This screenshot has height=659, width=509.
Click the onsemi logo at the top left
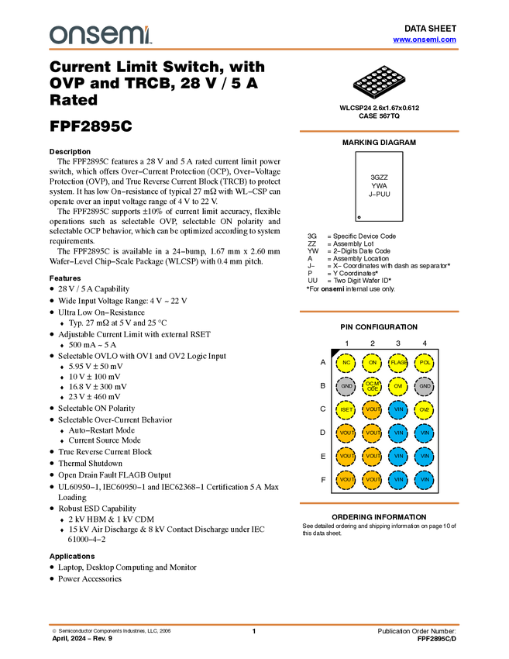(x=101, y=35)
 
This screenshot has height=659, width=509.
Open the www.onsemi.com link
(x=425, y=40)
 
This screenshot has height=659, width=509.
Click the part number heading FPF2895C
(x=91, y=126)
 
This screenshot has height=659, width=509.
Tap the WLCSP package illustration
(x=379, y=81)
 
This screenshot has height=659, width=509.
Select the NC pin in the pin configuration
(x=346, y=363)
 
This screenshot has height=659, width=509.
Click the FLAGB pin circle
(x=398, y=363)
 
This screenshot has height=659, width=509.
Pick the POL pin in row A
(x=425, y=363)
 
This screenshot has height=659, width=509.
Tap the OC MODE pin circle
(x=372, y=386)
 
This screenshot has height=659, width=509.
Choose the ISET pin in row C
(x=346, y=410)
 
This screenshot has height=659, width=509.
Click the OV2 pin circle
(x=425, y=410)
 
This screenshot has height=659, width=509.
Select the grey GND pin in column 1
(x=346, y=386)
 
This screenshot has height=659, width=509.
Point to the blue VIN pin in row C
(x=398, y=410)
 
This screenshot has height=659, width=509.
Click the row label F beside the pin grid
(x=323, y=480)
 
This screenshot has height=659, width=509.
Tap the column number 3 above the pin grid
(x=398, y=343)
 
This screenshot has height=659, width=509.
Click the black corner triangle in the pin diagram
(x=335, y=353)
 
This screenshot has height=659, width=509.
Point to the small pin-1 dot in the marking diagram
(x=359, y=217)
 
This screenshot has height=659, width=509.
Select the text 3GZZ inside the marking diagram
(x=379, y=178)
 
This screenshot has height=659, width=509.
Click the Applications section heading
(x=72, y=557)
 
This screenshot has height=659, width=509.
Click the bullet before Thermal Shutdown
(x=52, y=463)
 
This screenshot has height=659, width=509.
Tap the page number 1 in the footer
(x=253, y=631)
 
